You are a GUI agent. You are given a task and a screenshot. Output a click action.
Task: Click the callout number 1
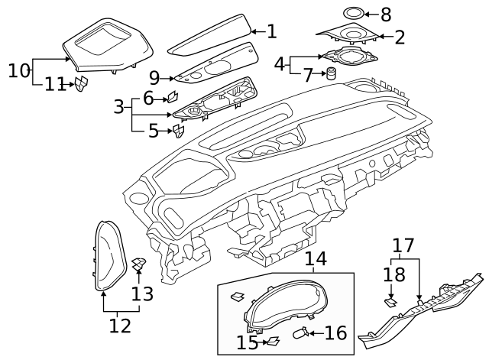point(271,31)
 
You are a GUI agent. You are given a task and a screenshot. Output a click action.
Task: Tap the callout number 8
point(385,15)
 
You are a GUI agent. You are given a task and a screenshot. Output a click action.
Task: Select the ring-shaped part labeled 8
point(353,14)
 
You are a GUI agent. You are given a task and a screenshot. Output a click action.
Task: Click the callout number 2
point(399,36)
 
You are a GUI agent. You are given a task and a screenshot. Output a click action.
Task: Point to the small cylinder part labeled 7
point(332,74)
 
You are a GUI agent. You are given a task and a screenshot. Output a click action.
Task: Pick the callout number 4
point(280,63)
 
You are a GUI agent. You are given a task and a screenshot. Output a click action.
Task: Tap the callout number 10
point(18,71)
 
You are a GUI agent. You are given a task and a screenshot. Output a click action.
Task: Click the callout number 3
point(118,106)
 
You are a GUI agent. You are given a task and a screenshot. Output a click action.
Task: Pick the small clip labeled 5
point(178,132)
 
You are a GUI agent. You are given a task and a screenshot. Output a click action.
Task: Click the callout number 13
point(142,294)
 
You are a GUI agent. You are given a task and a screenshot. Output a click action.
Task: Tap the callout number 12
point(119,326)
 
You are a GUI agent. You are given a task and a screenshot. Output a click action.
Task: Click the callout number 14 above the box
point(314,260)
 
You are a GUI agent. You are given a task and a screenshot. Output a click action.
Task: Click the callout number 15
point(247,342)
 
